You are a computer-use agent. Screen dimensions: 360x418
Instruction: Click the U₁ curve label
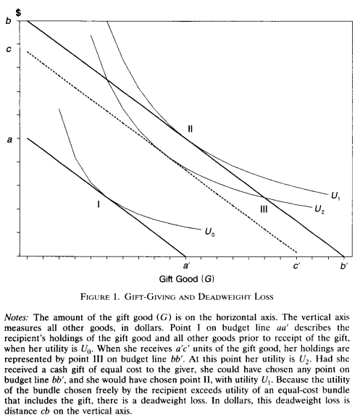tap(335, 196)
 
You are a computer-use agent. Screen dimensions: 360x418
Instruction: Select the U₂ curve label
tap(319, 209)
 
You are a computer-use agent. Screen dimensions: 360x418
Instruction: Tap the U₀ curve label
tap(210, 233)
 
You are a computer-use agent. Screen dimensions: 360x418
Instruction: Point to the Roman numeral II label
tap(190, 129)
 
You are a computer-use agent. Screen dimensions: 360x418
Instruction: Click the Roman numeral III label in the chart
tap(264, 209)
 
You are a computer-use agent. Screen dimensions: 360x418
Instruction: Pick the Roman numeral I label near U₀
tap(99, 204)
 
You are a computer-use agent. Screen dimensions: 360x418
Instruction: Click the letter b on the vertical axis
tap(9, 20)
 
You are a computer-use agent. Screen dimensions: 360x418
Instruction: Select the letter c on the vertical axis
tap(9, 49)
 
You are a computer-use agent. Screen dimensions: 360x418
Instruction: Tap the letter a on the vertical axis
tap(9, 139)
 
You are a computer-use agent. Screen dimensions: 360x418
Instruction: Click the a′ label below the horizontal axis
tap(186, 266)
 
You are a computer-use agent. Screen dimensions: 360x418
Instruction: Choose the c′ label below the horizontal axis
tap(296, 266)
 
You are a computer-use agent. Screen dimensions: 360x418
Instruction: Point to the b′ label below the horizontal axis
tap(344, 266)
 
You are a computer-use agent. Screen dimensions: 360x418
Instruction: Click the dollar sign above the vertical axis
tap(18, 12)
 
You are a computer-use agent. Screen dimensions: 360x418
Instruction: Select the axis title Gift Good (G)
tap(187, 279)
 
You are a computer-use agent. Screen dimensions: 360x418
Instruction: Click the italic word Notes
tap(16, 317)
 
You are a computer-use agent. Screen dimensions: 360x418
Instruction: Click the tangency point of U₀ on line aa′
tap(106, 197)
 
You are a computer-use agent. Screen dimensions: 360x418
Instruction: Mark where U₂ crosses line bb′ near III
tap(265, 198)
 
